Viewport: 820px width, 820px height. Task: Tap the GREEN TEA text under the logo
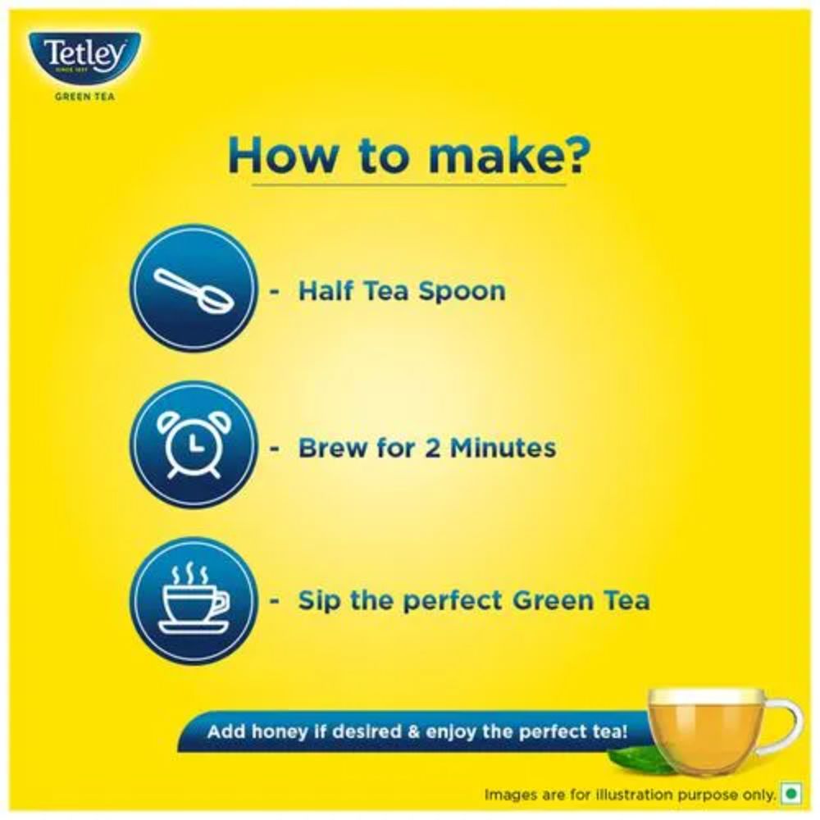point(84,96)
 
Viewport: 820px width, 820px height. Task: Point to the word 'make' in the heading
point(485,155)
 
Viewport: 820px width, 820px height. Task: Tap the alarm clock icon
point(194,445)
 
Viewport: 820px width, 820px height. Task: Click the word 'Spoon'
point(462,292)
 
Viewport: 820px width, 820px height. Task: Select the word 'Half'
point(327,290)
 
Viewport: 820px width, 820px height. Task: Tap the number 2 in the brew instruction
point(432,449)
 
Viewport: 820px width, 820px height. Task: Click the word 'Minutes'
point(503,449)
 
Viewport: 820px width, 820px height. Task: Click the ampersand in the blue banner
point(413,731)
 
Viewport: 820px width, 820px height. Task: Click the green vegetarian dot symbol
point(792,794)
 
